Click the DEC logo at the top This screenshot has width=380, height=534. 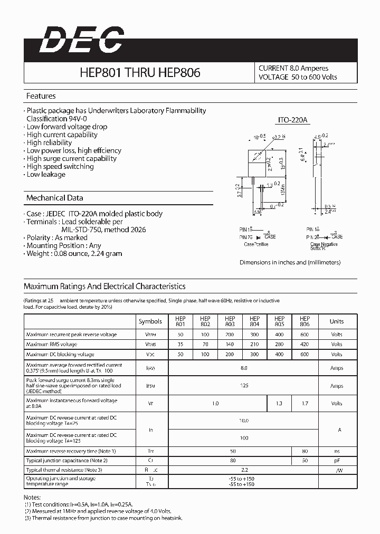(x=81, y=41)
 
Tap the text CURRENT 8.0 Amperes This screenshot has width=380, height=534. (x=293, y=68)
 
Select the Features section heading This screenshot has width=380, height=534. (x=41, y=96)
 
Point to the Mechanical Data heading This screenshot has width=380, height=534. (x=54, y=198)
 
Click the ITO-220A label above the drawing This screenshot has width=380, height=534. (x=293, y=121)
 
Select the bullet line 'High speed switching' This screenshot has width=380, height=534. (x=60, y=166)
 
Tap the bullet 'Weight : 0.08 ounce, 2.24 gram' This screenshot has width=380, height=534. (x=74, y=253)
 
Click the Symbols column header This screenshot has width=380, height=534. (x=150, y=321)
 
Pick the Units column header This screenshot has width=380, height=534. (x=336, y=321)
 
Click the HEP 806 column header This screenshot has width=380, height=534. (x=305, y=321)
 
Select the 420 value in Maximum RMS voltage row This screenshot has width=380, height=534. (x=305, y=344)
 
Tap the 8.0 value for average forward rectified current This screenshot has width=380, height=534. (x=243, y=368)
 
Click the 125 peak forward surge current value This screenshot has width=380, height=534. (x=243, y=386)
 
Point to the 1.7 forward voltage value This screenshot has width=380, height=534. (x=305, y=403)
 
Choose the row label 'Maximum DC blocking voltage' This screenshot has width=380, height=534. (x=60, y=354)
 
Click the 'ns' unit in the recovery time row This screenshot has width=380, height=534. (x=336, y=451)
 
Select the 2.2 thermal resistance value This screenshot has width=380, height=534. (x=243, y=470)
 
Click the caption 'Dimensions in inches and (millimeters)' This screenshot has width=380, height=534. (x=290, y=262)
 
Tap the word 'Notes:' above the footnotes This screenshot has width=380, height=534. (x=33, y=498)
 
